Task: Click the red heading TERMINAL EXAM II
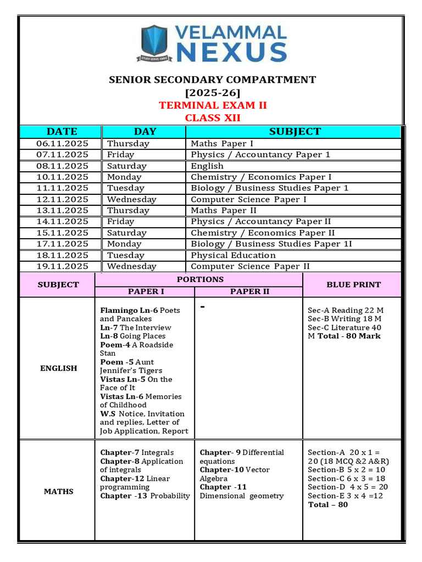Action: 213,105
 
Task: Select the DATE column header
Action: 62,132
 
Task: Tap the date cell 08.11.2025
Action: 62,166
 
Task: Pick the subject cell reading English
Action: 207,166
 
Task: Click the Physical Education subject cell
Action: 233,255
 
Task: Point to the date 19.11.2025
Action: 62,266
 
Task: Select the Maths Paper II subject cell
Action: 224,210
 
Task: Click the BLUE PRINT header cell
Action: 353,284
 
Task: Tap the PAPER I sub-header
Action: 146,291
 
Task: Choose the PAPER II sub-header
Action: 249,291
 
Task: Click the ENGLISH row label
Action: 58,368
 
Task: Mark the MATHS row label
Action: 58,491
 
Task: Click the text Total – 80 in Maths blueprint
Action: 328,504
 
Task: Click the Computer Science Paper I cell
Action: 248,199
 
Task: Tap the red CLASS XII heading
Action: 213,117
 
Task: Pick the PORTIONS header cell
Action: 200,279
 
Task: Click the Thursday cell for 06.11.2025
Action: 128,143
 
